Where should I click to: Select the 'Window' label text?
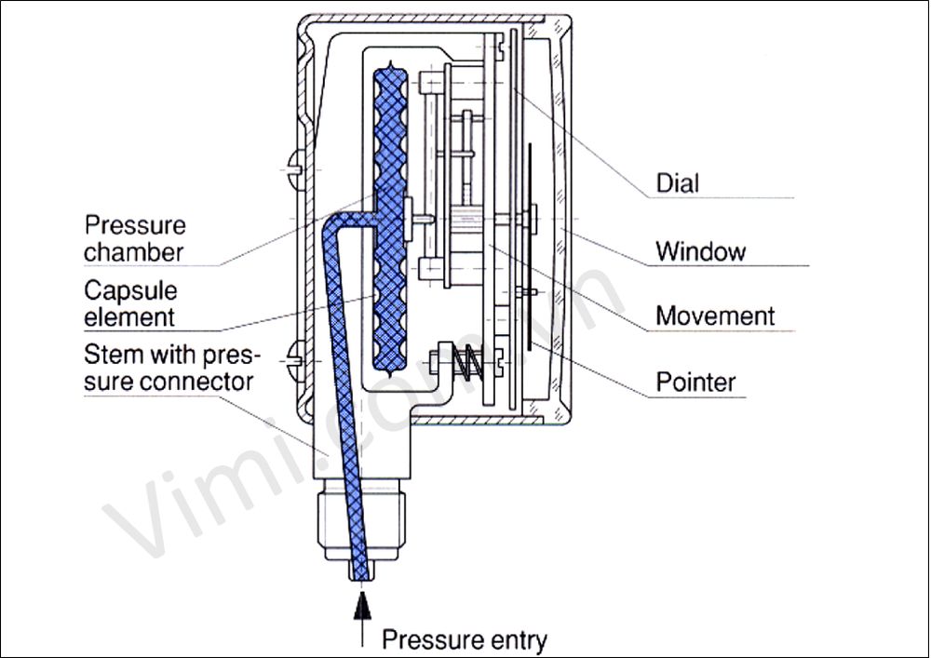click(700, 251)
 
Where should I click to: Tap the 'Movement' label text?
click(715, 316)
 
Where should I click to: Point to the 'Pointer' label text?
click(695, 382)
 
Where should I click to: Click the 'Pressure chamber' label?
click(135, 238)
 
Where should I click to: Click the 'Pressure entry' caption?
click(465, 639)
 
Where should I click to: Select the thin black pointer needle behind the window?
click(529, 247)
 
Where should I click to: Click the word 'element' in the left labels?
click(129, 316)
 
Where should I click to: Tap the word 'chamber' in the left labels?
click(134, 252)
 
